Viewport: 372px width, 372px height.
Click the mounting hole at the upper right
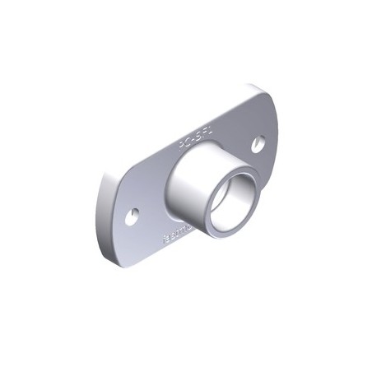tap(258, 143)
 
